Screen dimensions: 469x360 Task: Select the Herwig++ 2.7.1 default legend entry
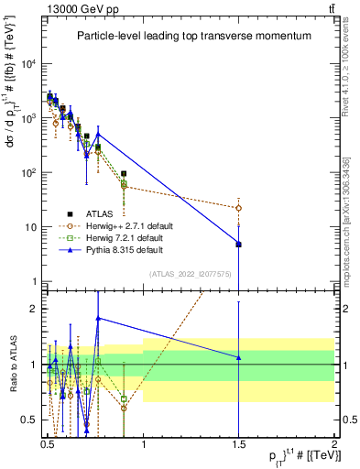tap(138, 225)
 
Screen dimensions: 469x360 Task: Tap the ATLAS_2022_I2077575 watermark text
tap(191, 272)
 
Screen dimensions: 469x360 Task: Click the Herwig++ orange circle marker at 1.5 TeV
tap(238, 208)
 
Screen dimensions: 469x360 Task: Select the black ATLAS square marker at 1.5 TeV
tap(238, 244)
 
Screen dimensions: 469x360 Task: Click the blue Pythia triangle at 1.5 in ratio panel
tap(238, 357)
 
